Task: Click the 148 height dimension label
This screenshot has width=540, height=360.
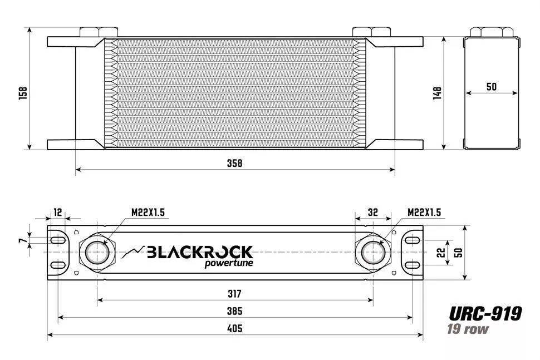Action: coord(437,93)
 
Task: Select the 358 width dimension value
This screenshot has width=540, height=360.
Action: coord(235,163)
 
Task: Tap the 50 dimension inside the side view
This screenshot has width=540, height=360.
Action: coord(491,87)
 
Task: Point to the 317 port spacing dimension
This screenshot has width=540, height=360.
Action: coord(235,293)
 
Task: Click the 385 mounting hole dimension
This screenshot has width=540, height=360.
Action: coord(235,311)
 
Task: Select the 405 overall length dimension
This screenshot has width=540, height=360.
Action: coord(235,329)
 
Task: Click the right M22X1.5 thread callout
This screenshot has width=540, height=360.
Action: coord(424,212)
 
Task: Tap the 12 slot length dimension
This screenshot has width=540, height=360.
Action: coord(57,212)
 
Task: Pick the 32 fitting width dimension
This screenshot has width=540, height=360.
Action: coord(372,212)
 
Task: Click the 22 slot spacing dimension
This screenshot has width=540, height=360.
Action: coord(440,253)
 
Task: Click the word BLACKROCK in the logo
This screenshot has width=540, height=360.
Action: coord(199,252)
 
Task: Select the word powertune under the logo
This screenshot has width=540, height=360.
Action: coord(229,263)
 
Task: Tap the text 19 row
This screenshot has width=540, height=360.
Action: coord(468,329)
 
